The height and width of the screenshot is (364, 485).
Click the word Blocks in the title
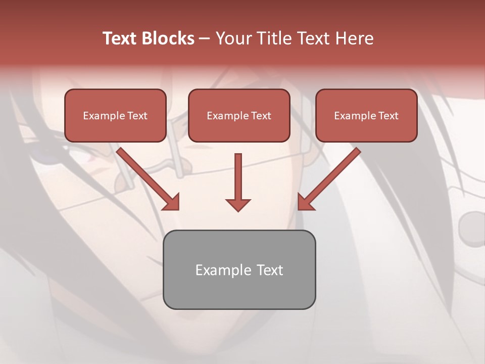pos(167,38)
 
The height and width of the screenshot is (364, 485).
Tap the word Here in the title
pos(354,38)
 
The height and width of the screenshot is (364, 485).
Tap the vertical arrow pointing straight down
pos(238,177)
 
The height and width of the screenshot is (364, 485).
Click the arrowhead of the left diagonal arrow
pos(172,202)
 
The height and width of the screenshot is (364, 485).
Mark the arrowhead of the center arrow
pos(238,204)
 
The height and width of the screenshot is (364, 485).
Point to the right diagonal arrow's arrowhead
pos(305,202)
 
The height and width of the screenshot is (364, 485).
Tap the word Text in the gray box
pos(270,270)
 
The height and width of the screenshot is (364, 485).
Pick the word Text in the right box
pos(388,116)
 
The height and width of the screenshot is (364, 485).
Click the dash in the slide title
pos(205,38)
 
